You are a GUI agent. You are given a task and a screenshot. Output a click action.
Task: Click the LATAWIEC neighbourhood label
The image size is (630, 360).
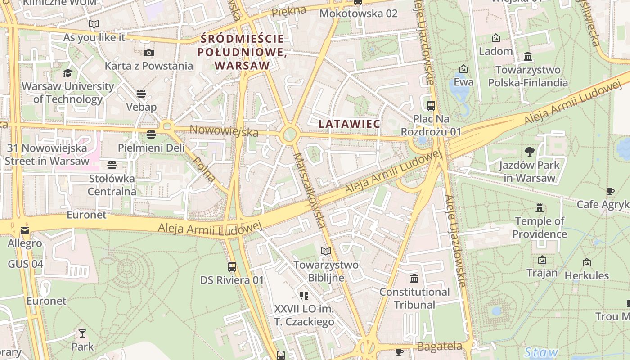point(349,123)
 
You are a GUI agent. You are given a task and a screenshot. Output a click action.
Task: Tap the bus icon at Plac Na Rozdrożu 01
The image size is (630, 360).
point(431,106)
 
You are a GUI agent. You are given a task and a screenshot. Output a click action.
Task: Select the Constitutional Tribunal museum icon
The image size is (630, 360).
point(414,279)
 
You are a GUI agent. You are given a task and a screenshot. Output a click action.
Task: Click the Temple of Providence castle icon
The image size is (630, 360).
point(539,208)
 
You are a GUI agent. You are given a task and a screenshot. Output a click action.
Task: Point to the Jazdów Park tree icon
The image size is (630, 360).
point(529,152)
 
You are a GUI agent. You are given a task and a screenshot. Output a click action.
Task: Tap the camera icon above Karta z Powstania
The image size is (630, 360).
point(148,53)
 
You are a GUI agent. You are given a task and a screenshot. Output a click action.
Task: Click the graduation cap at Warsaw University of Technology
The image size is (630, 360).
point(67,73)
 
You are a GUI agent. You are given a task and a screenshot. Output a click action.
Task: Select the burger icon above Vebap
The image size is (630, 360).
point(141,94)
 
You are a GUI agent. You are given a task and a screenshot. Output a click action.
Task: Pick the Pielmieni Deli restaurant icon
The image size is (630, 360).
point(151,135)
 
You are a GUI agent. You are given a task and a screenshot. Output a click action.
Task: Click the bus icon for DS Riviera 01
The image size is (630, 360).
point(232,267)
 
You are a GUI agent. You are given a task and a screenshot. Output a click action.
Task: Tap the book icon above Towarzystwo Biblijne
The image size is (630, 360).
point(325,252)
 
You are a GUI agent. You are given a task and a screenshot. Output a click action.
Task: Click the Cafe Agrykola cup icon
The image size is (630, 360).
point(610,192)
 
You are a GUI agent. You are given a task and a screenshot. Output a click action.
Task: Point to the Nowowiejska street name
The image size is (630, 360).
point(224,131)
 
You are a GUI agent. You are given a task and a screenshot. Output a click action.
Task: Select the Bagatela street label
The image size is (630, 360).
point(439,346)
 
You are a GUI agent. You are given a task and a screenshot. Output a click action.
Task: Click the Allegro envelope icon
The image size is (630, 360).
point(24,230)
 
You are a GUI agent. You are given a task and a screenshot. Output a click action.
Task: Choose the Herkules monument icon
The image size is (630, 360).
point(586,262)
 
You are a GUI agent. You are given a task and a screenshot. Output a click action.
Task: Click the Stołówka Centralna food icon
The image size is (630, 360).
point(112,165)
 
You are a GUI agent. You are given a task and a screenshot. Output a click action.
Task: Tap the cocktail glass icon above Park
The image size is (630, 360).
point(82,333)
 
